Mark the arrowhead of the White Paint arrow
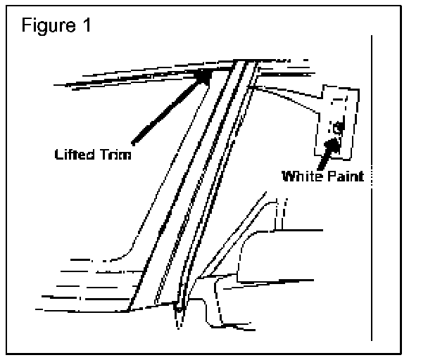336,134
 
